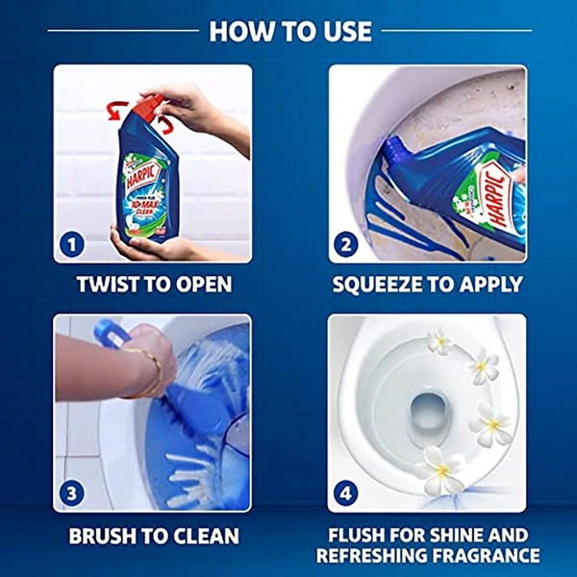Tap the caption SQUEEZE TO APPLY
coord(427,286)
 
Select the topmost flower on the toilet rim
coord(440,341)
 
